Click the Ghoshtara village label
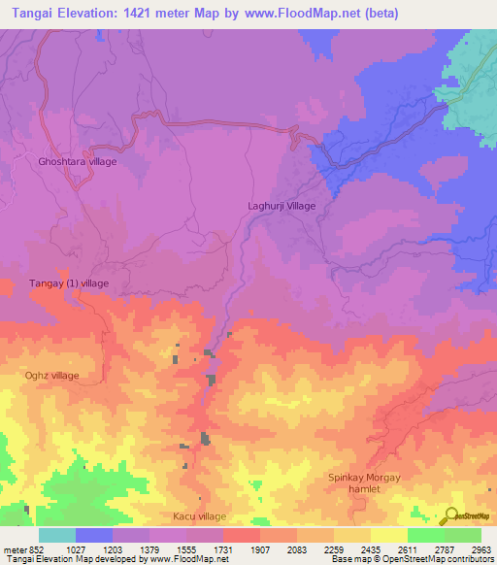tap(77, 161)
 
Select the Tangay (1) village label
tap(67, 282)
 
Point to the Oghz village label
tap(51, 375)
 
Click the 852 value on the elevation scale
tap(37, 548)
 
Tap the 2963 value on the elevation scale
tap(480, 548)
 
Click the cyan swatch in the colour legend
tap(56, 535)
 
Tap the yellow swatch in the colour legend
tap(389, 535)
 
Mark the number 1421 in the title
tap(141, 14)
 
